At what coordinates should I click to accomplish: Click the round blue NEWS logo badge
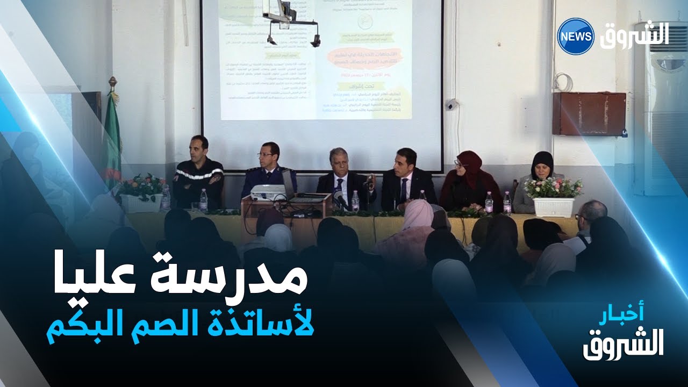(x=575, y=36)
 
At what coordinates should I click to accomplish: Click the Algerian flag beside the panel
(x=112, y=140)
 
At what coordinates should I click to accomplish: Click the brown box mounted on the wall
(x=590, y=113)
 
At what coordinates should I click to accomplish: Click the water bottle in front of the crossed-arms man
(x=204, y=200)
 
